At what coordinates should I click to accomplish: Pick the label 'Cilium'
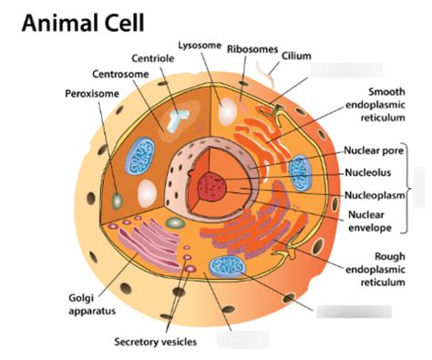[296, 56]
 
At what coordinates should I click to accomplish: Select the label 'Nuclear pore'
[373, 151]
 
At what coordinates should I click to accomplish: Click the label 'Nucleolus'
[368, 172]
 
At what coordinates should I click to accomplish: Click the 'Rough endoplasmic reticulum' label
[376, 270]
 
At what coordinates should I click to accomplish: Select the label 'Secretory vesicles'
[156, 342]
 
